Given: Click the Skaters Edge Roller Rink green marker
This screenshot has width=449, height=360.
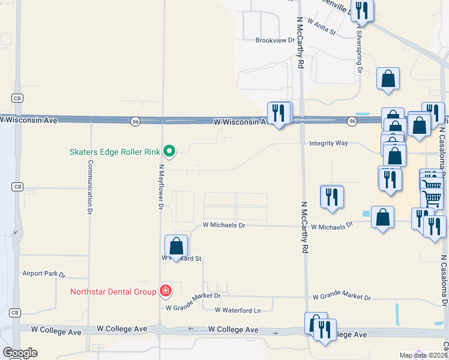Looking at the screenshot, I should (169, 151).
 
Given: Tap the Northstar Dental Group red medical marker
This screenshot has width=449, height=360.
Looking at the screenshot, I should (165, 292).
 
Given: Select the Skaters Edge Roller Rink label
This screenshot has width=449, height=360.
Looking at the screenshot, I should (114, 151).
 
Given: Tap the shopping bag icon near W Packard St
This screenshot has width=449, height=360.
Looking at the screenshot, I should (176, 246).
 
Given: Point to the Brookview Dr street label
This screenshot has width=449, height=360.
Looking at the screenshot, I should (276, 41).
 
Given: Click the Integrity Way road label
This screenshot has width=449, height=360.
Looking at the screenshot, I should (328, 143).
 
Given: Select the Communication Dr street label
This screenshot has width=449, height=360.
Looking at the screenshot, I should (90, 187).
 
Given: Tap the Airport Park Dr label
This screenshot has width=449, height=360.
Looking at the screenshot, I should (44, 273).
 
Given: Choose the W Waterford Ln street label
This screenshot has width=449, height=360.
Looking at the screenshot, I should (238, 310).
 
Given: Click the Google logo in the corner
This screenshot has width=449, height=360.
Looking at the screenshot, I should (20, 353).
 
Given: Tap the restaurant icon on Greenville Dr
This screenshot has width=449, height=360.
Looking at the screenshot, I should (362, 11).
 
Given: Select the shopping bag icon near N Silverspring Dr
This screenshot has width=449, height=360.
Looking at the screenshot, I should (388, 79).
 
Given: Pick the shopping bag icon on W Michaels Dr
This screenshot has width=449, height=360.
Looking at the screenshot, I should (382, 217).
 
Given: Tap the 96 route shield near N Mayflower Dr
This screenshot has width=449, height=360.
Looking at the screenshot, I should (136, 121).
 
